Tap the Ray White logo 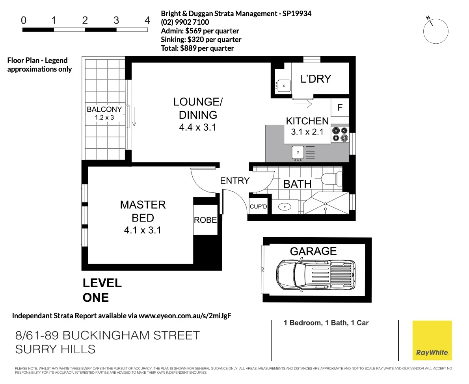tap(432, 340)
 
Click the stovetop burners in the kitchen tap(340, 134)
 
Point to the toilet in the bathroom tap(332, 179)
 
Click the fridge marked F tap(340, 107)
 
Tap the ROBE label tap(205, 220)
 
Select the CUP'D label tap(259, 207)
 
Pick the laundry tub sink tap(283, 85)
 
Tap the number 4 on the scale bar tap(147, 20)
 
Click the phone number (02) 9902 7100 tap(185, 22)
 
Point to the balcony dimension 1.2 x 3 tap(104, 117)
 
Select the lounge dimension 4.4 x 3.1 tap(198, 127)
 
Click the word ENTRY tap(234, 181)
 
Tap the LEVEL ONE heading tap(102, 290)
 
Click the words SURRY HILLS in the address tap(55, 349)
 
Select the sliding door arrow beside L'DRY tap(303, 104)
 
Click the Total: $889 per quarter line tap(197, 48)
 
